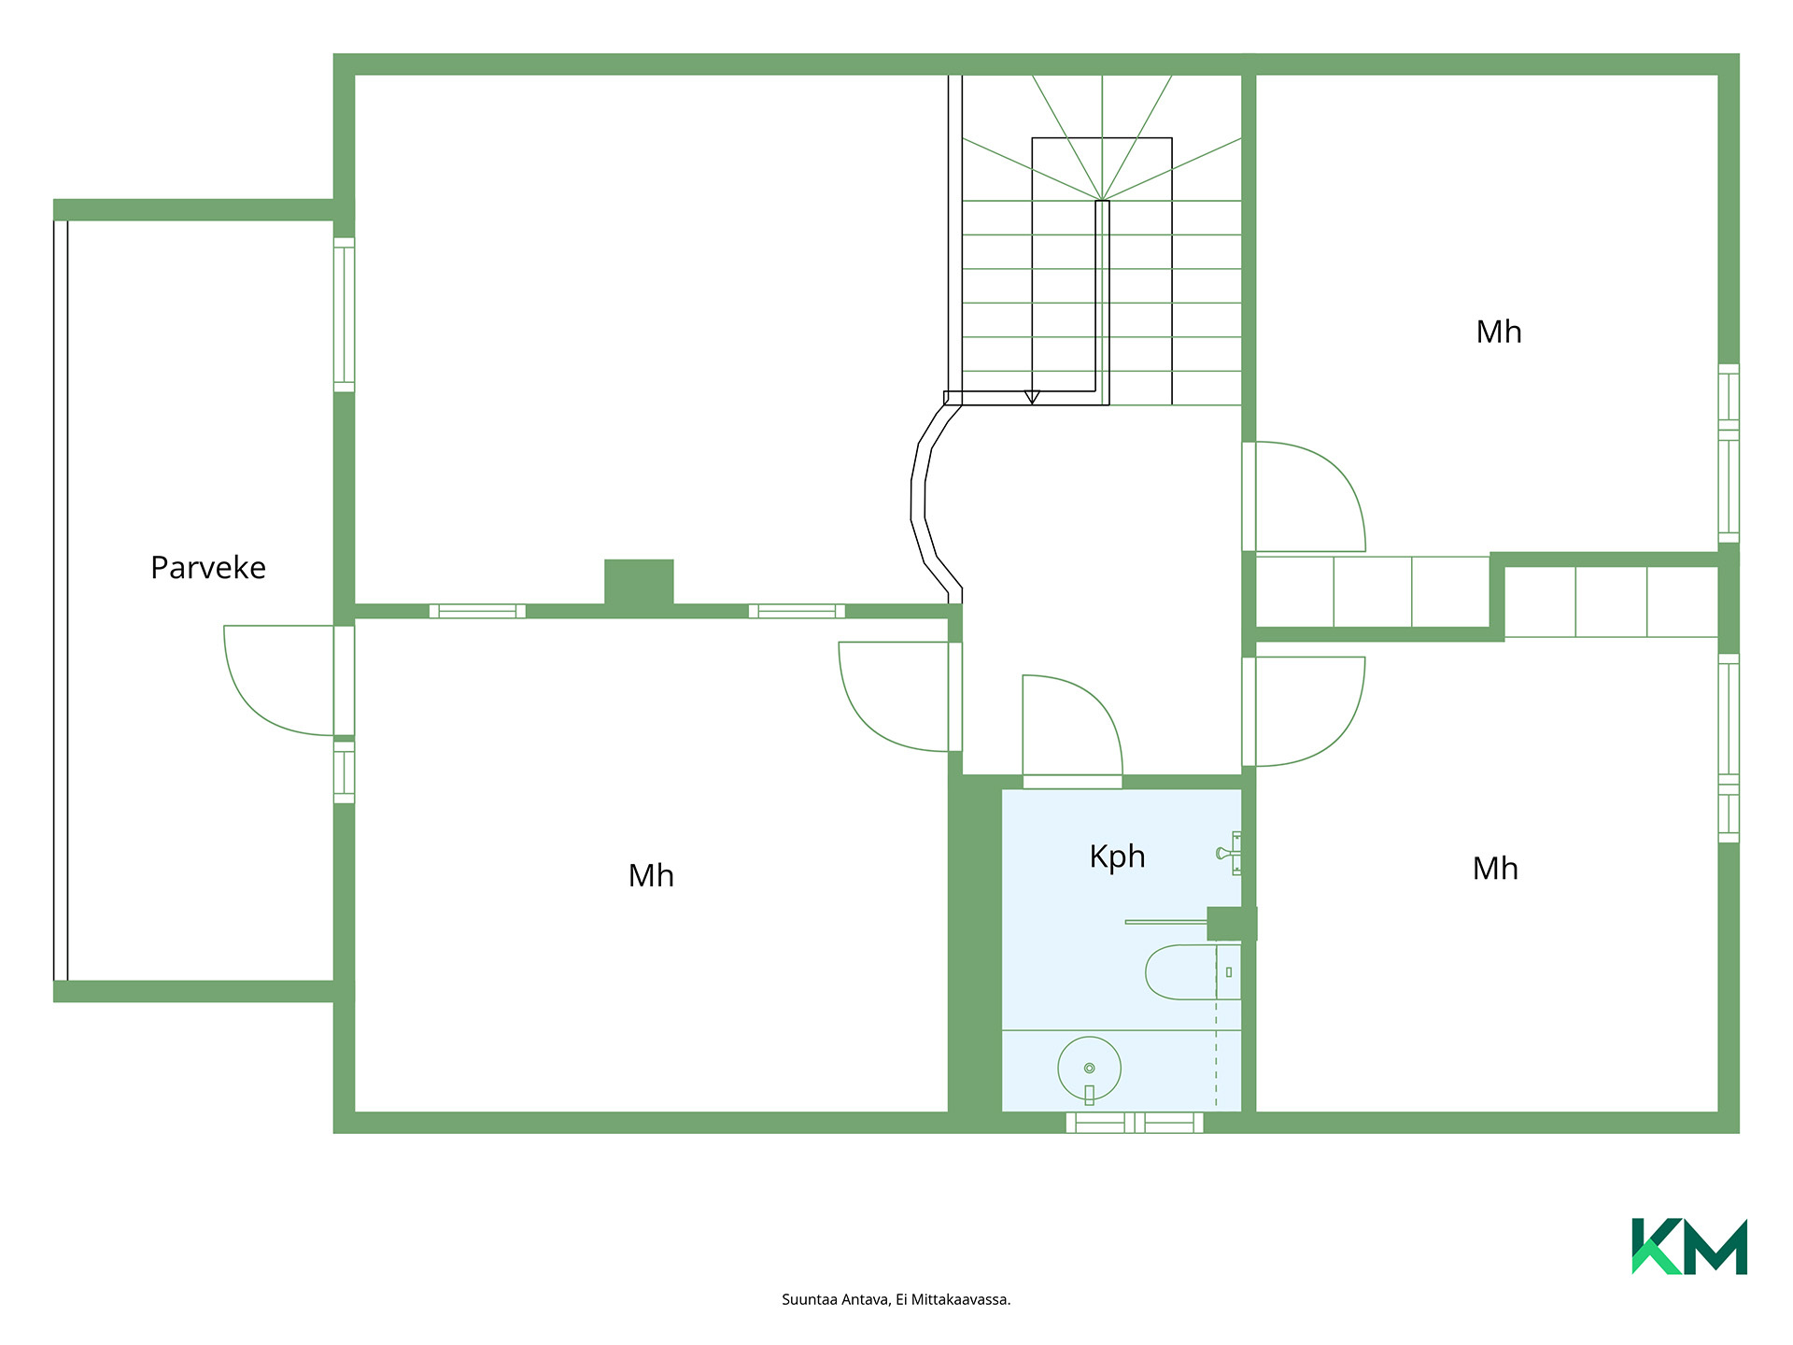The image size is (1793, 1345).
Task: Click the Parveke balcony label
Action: pos(208,568)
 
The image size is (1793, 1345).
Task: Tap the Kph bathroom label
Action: pos(1117,857)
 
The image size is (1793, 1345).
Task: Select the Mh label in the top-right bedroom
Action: pos(1499,332)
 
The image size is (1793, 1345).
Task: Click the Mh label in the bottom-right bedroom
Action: pos(1495,869)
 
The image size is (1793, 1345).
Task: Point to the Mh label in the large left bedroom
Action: pos(651,875)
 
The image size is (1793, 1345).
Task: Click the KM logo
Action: pos(1689,1246)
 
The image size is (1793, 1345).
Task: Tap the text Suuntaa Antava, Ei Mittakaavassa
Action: pos(896,1299)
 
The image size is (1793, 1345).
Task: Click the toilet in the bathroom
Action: pos(1193,972)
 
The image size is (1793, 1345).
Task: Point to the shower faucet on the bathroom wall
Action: pos(1229,853)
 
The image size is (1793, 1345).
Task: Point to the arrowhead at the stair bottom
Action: pos(1032,397)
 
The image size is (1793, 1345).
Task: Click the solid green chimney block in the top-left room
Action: pos(639,583)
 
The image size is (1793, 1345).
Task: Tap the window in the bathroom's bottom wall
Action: pos(1135,1123)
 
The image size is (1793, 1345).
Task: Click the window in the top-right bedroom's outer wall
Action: pos(1729,453)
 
